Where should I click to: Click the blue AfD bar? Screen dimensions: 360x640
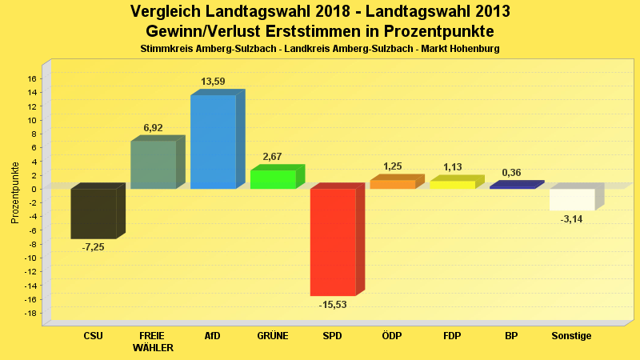(x=213, y=142)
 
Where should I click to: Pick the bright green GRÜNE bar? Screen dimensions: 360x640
(x=273, y=179)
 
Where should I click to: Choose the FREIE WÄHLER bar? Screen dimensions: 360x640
(x=153, y=165)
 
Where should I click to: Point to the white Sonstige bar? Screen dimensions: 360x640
(x=572, y=199)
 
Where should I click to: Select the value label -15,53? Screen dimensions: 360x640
(x=333, y=305)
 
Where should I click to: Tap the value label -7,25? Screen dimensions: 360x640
(x=93, y=247)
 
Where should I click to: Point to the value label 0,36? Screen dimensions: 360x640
(x=512, y=172)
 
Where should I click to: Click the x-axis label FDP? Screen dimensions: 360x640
(x=452, y=336)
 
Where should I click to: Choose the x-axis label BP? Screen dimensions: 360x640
(x=512, y=336)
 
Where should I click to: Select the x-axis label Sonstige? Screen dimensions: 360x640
(x=572, y=336)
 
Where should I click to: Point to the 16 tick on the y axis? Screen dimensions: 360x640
(x=32, y=78)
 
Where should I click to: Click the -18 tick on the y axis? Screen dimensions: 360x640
(x=30, y=313)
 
